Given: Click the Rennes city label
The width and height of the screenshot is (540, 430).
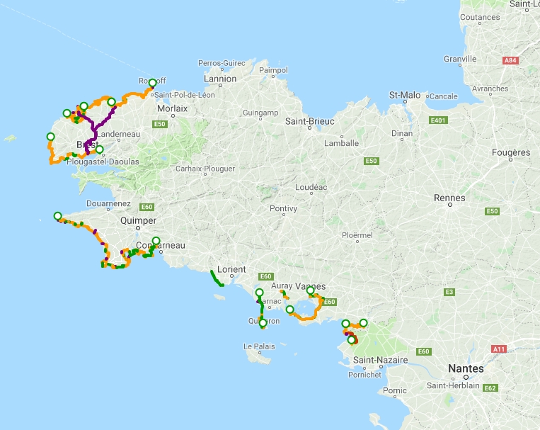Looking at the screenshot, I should [x=449, y=198].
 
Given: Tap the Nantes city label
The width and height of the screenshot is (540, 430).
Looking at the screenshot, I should [x=466, y=368].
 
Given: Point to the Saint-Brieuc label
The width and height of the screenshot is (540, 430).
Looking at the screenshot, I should [x=309, y=121].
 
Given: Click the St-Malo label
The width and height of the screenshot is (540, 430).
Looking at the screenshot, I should [x=405, y=94].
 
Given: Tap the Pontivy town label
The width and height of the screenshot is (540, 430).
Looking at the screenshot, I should [x=283, y=208].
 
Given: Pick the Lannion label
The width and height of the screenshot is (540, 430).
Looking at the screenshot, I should [x=221, y=79].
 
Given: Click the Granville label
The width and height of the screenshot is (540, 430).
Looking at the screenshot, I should [x=459, y=59].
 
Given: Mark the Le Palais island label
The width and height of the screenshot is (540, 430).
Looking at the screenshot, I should [x=258, y=346].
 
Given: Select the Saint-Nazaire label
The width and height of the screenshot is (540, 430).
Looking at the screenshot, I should [x=380, y=360].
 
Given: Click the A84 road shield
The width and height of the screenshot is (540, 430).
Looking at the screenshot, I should [x=510, y=61].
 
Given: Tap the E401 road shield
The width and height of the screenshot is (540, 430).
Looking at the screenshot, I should [x=439, y=120].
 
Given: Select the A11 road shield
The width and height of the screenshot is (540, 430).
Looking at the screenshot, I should [x=500, y=349].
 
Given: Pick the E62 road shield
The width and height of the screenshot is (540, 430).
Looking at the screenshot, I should [x=491, y=387].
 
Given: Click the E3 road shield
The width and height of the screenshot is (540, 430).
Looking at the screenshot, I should [x=449, y=292].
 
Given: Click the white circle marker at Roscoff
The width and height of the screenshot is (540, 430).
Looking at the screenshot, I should [x=152, y=83].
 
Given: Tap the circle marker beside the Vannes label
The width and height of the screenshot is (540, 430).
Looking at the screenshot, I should [x=310, y=290].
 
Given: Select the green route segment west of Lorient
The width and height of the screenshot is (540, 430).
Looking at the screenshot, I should [x=216, y=278].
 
